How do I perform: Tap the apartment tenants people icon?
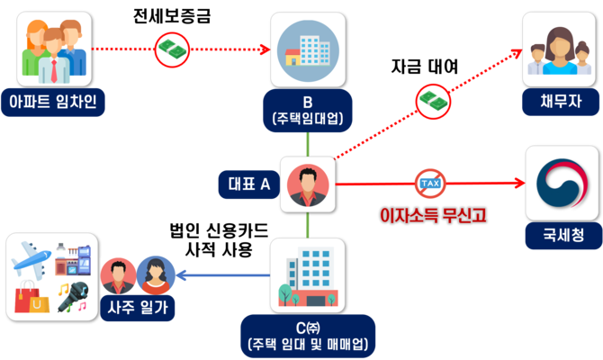[54, 48]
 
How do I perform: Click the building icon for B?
[307, 49]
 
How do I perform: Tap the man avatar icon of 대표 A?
[307, 185]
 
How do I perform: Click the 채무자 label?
[561, 101]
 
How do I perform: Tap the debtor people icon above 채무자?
[561, 49]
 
